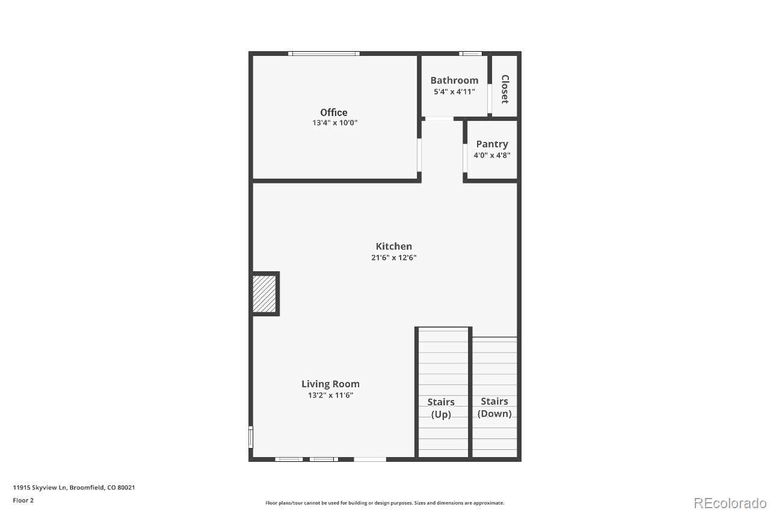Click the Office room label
point(333,112)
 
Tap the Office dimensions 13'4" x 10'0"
point(335,123)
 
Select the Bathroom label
point(454,80)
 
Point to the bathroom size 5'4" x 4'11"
point(454,92)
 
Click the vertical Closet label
point(505,89)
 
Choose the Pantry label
point(491,144)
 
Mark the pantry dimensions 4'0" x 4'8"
point(491,155)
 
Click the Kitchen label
point(393,246)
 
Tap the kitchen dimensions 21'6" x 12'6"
point(393,257)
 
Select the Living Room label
point(330,384)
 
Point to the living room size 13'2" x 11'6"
point(330,395)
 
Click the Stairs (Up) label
point(441,408)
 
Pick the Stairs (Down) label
point(494,407)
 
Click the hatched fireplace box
point(264,293)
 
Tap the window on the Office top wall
point(324,54)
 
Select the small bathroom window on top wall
point(470,54)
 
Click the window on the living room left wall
point(251,437)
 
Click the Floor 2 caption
point(23,500)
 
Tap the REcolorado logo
point(730,503)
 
